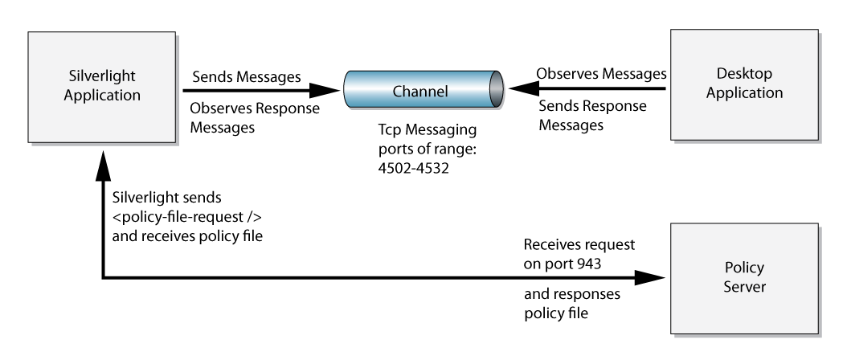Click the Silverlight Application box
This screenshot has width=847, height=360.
pos(101,87)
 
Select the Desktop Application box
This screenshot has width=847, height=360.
pos(744,85)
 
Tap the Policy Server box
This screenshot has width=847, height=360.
pos(744,278)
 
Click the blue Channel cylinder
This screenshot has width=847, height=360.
pos(423,89)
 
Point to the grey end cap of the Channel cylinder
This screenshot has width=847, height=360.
pos(497,89)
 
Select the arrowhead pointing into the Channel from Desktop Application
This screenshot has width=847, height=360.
pos(524,88)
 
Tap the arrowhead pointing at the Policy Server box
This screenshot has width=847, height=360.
pos(649,278)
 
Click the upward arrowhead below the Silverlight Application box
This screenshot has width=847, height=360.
pos(103,166)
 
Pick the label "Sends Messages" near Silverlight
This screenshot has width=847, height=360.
pos(247,77)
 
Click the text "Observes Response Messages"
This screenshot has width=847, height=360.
pos(255,118)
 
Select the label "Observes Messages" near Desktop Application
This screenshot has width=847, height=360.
pos(601,73)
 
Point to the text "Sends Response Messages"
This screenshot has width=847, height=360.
pos(592,115)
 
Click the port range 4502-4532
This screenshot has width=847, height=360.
pos(413,168)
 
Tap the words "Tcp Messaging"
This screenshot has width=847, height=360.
pos(428,129)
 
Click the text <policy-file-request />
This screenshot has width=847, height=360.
pos(187,217)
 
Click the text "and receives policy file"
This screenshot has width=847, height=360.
pos(187,236)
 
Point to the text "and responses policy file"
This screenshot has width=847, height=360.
pos(572,303)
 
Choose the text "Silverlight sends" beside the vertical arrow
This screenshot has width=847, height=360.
pos(167,198)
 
